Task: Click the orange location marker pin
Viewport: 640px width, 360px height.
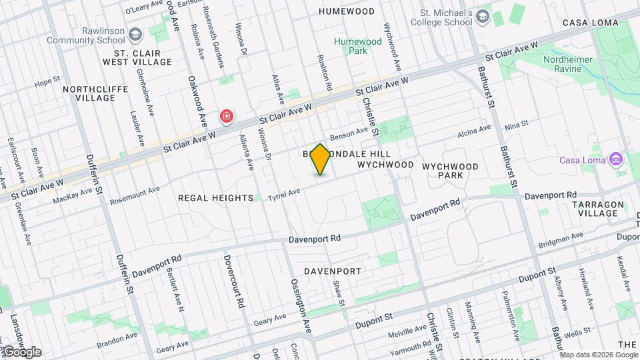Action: [x=321, y=160]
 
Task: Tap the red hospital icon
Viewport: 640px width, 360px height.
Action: [x=227, y=117]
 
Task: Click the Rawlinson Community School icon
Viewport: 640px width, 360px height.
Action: [x=136, y=33]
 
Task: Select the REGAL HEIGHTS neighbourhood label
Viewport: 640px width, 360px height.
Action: [x=215, y=198]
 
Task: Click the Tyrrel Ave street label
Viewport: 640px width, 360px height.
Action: [x=284, y=195]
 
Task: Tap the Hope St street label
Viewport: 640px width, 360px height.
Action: [x=47, y=83]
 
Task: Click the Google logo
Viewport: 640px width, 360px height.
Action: [x=21, y=351]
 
